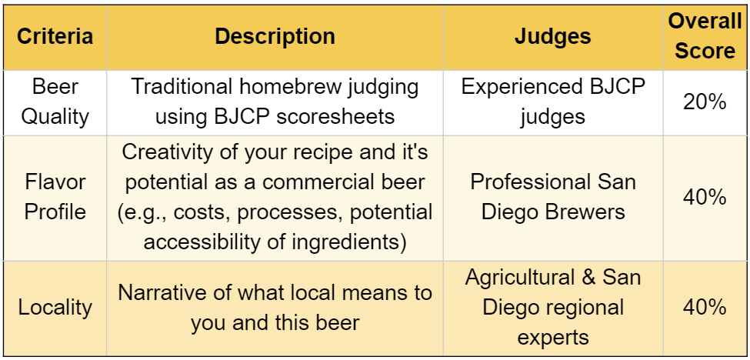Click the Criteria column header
[x=55, y=37]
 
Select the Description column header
[x=275, y=37]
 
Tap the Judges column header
[x=552, y=37]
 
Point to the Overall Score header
[x=705, y=36]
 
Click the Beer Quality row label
[x=55, y=102]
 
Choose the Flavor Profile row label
[x=55, y=197]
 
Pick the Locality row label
[x=55, y=308]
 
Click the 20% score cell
[x=705, y=102]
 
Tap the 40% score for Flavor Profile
[x=705, y=198]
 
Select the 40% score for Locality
[x=705, y=308]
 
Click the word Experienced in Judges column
[x=522, y=88]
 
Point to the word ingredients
[x=351, y=242]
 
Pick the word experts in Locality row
[x=552, y=338]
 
